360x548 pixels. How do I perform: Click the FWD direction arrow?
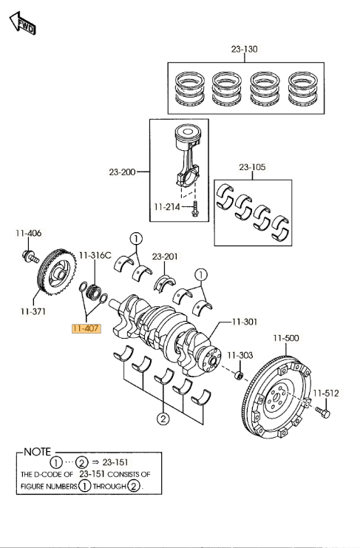point(22,23)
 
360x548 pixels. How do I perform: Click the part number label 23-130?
point(245,50)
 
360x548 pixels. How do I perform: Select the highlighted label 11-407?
point(86,328)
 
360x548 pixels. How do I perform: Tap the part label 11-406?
point(28,233)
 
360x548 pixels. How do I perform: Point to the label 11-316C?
point(95,255)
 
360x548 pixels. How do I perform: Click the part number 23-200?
point(122,172)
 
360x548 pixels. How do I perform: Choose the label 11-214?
point(167,207)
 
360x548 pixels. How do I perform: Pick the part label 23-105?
point(252,167)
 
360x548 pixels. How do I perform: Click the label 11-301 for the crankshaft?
point(245,321)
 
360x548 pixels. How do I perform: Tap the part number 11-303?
point(240,356)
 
